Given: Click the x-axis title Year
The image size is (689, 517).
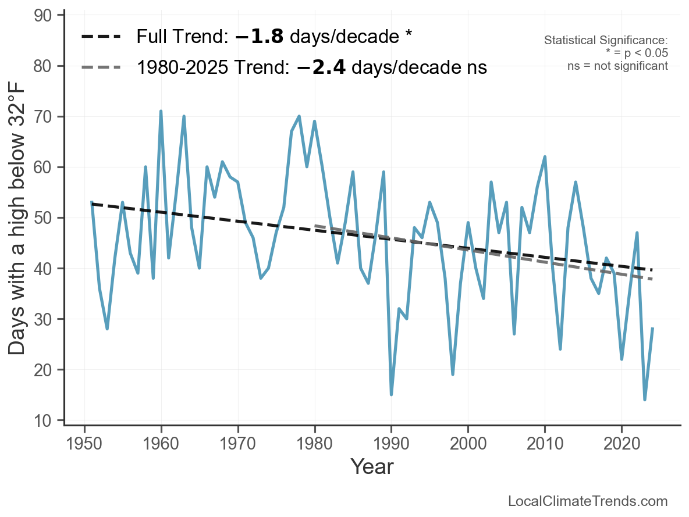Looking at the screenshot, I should tap(372, 466).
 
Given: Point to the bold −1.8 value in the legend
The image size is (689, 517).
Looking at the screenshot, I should tap(260, 37).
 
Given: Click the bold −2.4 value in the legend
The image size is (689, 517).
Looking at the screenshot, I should tap(321, 67).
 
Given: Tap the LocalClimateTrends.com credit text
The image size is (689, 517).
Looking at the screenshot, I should tap(588, 501).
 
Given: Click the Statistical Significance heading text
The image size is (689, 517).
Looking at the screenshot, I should tap(605, 40).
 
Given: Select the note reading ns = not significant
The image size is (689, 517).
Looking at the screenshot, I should tap(617, 66).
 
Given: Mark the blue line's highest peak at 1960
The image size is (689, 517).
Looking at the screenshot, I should tap(161, 111).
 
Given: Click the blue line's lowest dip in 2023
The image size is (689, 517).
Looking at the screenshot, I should tap(645, 400).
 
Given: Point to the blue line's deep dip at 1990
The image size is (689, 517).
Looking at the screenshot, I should tap(391, 395).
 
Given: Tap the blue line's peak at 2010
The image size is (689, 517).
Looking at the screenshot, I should tap(545, 157).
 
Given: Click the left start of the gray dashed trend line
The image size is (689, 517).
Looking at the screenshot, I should tap(315, 226).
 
